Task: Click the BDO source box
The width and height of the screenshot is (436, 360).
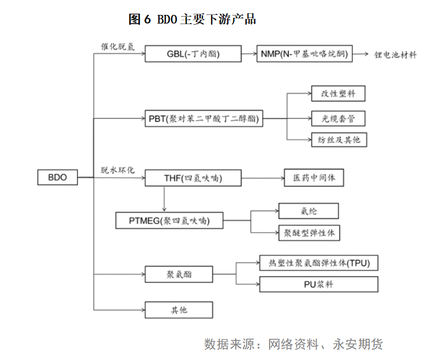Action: [x=57, y=177]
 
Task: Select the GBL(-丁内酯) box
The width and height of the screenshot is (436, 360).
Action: [x=193, y=54]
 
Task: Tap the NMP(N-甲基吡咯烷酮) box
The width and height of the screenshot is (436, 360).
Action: [x=305, y=54]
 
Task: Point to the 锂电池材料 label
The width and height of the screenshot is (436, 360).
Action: [x=395, y=55]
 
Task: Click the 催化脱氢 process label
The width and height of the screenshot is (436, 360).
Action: [x=118, y=47]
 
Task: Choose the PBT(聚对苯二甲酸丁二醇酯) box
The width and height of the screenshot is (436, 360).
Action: [x=204, y=118]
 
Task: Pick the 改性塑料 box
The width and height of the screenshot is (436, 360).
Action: [x=338, y=94]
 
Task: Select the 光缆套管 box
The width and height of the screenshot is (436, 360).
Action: [x=338, y=118]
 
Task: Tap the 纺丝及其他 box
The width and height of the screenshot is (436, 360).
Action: [x=339, y=140]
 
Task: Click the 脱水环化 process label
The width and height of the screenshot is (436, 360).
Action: [x=118, y=170]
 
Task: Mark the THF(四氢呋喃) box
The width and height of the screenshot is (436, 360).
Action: [x=193, y=178]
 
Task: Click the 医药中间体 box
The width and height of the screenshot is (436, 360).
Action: [x=314, y=177]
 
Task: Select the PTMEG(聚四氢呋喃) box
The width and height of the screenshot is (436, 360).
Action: [x=169, y=220]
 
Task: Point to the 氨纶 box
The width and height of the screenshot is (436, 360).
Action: [x=309, y=211]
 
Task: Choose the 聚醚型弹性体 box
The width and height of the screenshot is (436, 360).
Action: [x=309, y=233]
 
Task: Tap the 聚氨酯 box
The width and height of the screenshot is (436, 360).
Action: [x=179, y=274]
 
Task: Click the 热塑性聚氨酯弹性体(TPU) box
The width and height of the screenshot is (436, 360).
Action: [x=318, y=262]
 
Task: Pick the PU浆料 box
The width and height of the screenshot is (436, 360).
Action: [x=318, y=284]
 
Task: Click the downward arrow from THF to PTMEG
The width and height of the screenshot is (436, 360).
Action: [x=164, y=199]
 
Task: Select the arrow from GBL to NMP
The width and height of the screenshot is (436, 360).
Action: [x=249, y=54]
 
